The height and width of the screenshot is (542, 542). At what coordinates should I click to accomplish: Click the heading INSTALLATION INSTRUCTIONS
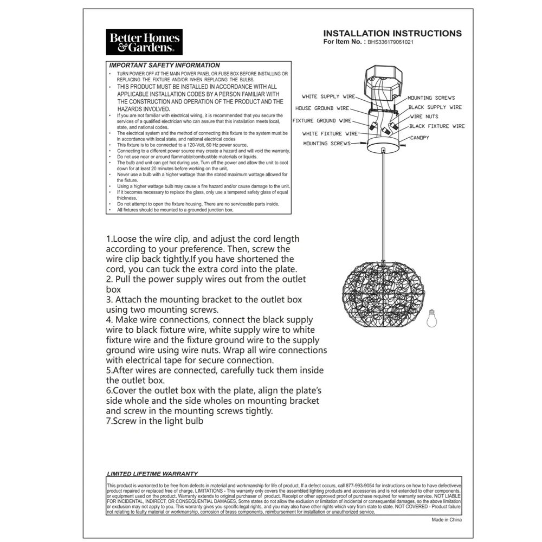click(392, 34)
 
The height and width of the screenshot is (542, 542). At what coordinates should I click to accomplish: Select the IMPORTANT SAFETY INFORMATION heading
click(165, 65)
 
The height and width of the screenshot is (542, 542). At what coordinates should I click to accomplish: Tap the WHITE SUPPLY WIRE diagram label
click(328, 97)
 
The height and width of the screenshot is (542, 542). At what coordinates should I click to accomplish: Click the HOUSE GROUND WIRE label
click(322, 108)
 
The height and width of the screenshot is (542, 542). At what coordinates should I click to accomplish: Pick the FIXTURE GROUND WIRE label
click(321, 121)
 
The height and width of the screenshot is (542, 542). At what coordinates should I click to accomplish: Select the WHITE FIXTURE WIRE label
click(330, 133)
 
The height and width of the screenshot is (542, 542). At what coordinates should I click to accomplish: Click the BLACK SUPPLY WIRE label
click(435, 107)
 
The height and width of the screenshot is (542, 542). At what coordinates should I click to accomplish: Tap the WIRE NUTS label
click(424, 117)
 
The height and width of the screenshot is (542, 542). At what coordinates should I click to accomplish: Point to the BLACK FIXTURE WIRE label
click(437, 126)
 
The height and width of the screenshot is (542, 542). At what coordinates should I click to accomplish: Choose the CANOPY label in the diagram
click(420, 138)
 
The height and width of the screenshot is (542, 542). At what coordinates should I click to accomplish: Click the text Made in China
click(447, 519)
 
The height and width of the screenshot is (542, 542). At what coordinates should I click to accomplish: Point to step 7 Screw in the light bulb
click(155, 421)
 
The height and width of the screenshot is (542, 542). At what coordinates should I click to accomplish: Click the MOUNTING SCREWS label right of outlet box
click(431, 98)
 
